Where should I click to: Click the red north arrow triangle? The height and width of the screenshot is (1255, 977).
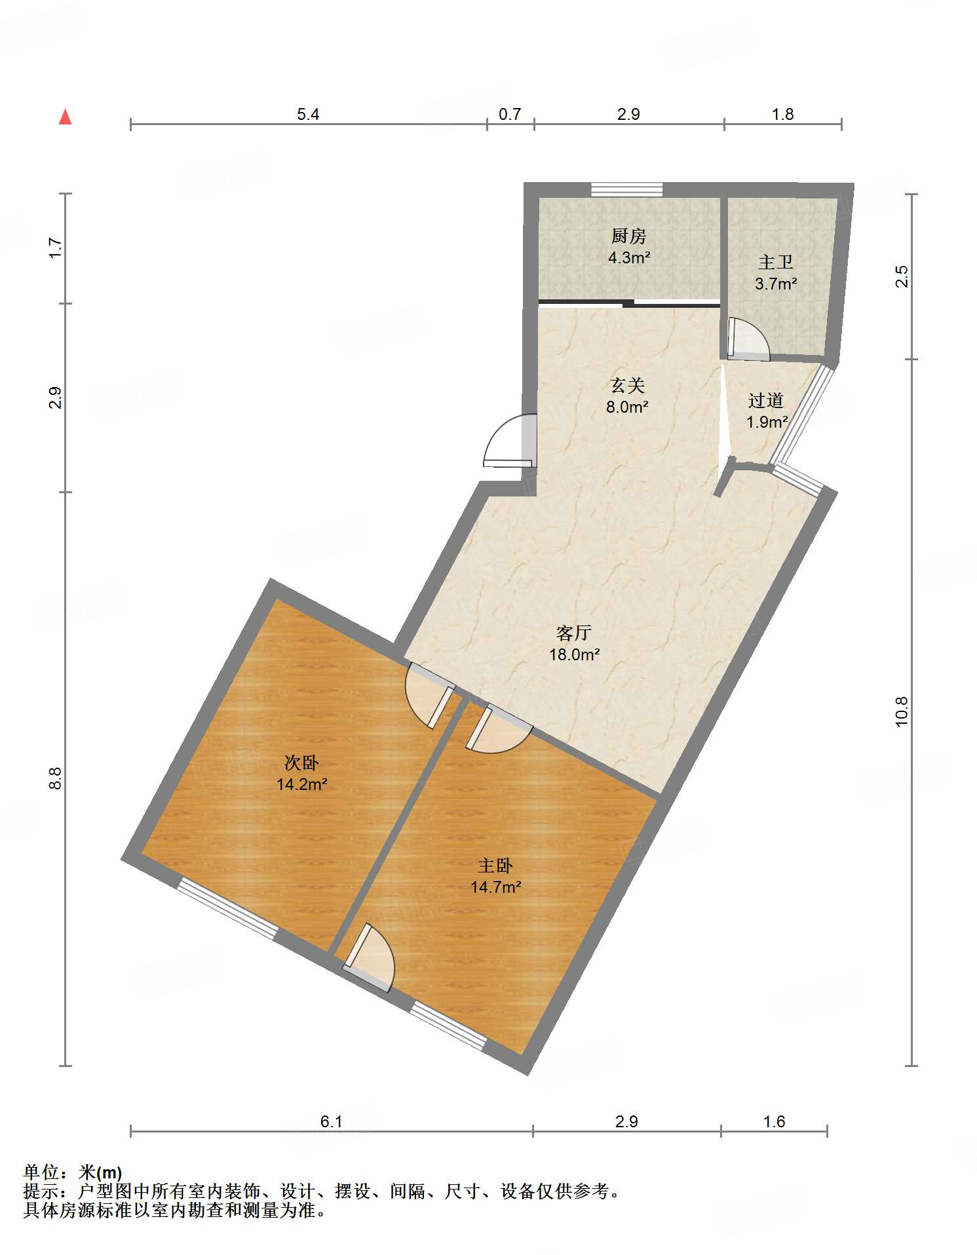point(65,117)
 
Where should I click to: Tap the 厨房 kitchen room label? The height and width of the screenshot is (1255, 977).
point(628,236)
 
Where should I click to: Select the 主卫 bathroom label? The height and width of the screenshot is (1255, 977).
point(776,263)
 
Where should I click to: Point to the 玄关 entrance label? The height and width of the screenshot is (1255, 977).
point(627,385)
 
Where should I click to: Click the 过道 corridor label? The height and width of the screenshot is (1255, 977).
point(766,400)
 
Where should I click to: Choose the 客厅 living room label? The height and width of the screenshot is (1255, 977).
point(574,633)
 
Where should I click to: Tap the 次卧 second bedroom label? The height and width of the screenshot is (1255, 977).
point(301,762)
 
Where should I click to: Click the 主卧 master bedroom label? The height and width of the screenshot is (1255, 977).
point(495,866)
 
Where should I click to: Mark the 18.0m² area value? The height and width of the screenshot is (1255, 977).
point(575,654)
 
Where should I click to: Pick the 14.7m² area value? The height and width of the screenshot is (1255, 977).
point(496,888)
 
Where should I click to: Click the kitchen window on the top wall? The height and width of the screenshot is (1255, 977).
point(627,189)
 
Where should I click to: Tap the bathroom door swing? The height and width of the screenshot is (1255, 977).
point(748,339)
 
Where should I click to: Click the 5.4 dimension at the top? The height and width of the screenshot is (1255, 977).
point(308,115)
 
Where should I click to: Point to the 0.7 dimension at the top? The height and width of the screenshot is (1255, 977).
point(510,115)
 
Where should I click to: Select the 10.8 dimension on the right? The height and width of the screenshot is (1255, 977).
point(902,711)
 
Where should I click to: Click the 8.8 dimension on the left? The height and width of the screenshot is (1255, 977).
point(55,778)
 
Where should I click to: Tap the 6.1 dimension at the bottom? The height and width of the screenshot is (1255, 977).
point(332,1122)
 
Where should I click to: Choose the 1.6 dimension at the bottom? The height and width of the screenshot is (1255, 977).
point(774,1122)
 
